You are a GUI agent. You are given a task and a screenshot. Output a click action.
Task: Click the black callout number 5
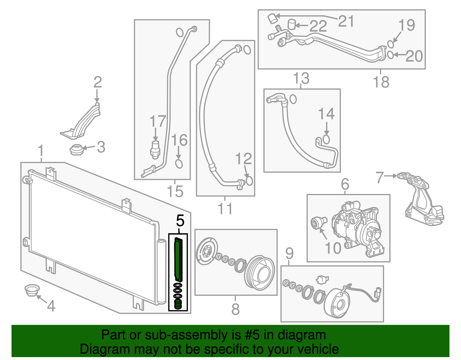[x=180, y=221]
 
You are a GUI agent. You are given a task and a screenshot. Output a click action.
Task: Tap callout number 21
[x=346, y=21]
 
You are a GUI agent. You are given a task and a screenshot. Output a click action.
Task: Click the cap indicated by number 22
[x=292, y=24]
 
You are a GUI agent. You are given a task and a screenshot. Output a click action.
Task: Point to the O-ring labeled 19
[x=390, y=44]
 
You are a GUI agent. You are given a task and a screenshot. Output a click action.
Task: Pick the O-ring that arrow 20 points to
[x=390, y=54]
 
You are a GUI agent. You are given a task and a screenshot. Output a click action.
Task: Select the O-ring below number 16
[x=179, y=164]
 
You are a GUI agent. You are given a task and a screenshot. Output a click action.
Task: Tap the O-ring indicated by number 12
[x=249, y=181]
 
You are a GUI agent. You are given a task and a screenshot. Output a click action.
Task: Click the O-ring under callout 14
[x=326, y=139]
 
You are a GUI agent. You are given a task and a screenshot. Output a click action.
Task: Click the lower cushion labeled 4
[x=31, y=290]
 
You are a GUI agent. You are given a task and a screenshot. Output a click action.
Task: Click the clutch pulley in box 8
[x=259, y=272]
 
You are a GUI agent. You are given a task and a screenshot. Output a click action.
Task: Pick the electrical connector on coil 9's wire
[x=378, y=293]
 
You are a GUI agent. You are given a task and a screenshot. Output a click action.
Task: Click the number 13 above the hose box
[x=301, y=78]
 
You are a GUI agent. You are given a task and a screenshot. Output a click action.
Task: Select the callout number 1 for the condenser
[x=41, y=151]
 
